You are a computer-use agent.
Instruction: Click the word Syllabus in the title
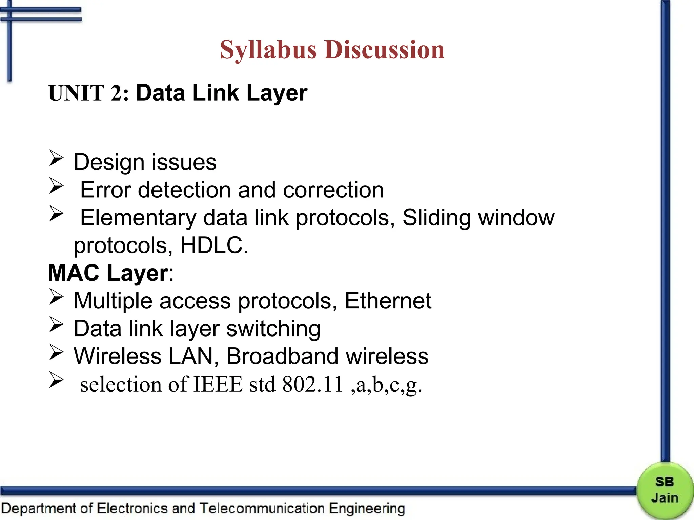[x=268, y=50]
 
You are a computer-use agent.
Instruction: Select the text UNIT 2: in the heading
[x=88, y=93]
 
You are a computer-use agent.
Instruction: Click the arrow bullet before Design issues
[x=56, y=158]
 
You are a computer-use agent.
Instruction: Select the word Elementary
[x=138, y=217]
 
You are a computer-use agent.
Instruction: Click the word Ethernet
[x=388, y=301]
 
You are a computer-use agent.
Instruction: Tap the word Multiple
[x=113, y=301]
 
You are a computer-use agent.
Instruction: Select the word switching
[x=273, y=329]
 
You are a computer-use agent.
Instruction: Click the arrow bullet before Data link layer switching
[x=56, y=325]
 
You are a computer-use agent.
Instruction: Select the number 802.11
[x=312, y=384]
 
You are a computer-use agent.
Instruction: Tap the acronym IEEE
[x=218, y=384]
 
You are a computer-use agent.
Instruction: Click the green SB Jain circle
[x=665, y=491]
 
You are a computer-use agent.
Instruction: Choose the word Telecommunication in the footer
[x=262, y=508]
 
